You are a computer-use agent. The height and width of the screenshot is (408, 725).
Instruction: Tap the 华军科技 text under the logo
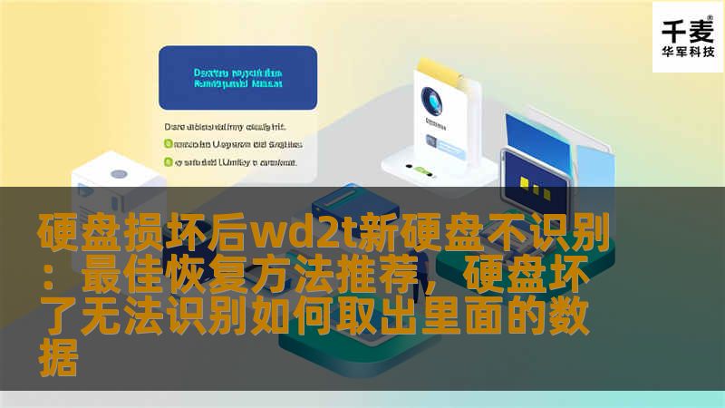pyautogui.click(x=688, y=52)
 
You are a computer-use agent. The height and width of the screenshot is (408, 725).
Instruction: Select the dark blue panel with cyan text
pyautogui.click(x=237, y=78)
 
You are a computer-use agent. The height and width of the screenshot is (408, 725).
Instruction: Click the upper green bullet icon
pyautogui.click(x=168, y=143)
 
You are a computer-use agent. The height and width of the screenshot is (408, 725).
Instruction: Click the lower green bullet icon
pyautogui.click(x=168, y=162)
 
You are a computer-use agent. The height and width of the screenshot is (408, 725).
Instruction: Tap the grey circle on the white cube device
pyautogui.click(x=118, y=174)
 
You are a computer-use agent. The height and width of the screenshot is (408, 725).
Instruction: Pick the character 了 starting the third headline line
pyautogui.click(x=56, y=317)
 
